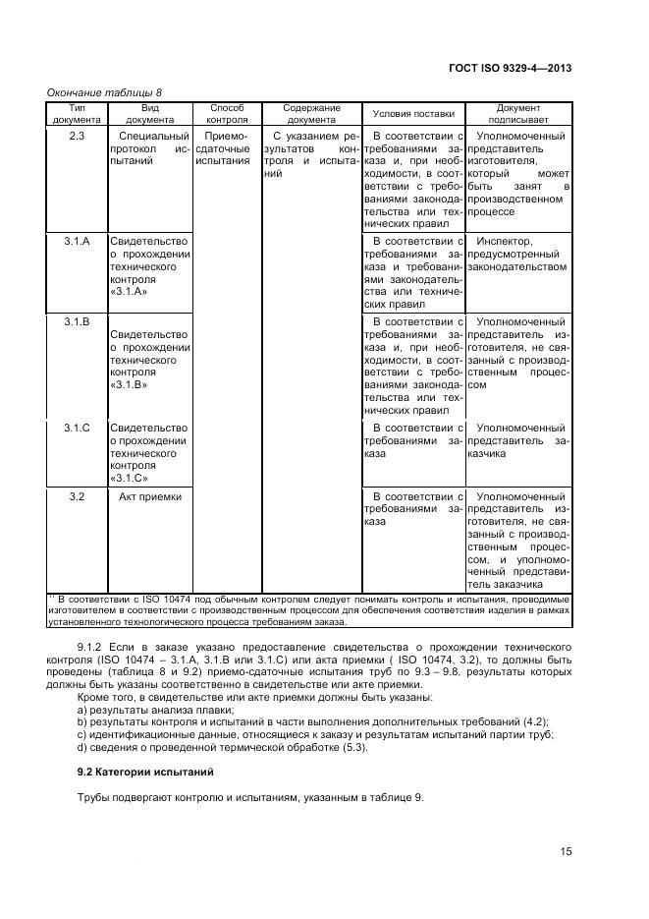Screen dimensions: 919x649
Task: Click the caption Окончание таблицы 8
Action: point(105,92)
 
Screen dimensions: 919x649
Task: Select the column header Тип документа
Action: point(77,113)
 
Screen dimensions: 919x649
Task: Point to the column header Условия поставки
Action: point(413,113)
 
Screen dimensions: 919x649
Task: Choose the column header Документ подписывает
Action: point(517,113)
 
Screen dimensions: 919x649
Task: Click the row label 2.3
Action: point(77,136)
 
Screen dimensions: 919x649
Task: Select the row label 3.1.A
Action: point(77,241)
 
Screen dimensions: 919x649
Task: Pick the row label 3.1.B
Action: point(77,321)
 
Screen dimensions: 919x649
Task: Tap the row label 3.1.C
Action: point(77,428)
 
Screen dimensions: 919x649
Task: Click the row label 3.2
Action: point(77,497)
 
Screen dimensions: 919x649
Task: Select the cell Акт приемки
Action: point(150,497)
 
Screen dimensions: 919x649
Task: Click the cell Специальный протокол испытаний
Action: point(150,148)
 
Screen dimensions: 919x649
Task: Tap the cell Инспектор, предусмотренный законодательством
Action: point(517,254)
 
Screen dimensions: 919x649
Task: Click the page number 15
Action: point(567,851)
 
